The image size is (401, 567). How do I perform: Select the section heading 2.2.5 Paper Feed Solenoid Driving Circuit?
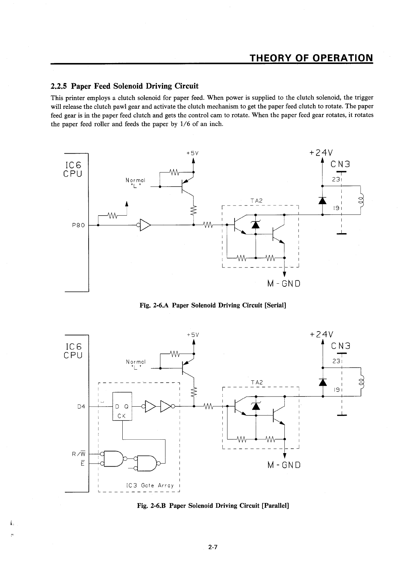[124, 86]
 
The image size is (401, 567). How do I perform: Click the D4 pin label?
[81, 407]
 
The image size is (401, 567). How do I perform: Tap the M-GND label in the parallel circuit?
[283, 465]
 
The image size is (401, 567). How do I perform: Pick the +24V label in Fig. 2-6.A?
[321, 153]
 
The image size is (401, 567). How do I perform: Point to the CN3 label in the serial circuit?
[340, 164]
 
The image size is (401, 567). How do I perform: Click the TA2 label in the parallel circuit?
[257, 382]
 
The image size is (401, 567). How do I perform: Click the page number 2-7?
[213, 547]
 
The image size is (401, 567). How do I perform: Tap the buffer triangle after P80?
[145, 225]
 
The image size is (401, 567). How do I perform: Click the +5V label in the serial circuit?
[192, 153]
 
